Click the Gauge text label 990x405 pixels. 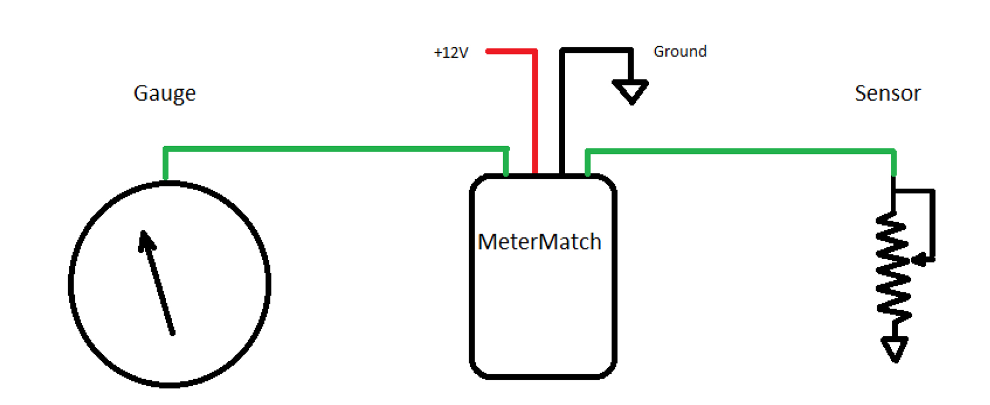click(164, 93)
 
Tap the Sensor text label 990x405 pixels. click(887, 93)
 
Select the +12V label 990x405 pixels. click(451, 53)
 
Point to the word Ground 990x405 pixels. click(680, 52)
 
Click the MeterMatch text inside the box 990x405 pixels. click(540, 242)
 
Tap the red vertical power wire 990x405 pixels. click(535, 113)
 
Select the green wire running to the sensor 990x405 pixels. click(740, 151)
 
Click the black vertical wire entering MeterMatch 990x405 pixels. click(562, 113)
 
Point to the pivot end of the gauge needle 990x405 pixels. click(172, 333)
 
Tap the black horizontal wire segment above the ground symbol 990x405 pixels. click(596, 51)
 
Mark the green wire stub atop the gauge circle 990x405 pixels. click(166, 164)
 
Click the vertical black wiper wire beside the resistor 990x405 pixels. click(932, 225)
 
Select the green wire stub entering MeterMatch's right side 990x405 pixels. click(587, 163)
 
